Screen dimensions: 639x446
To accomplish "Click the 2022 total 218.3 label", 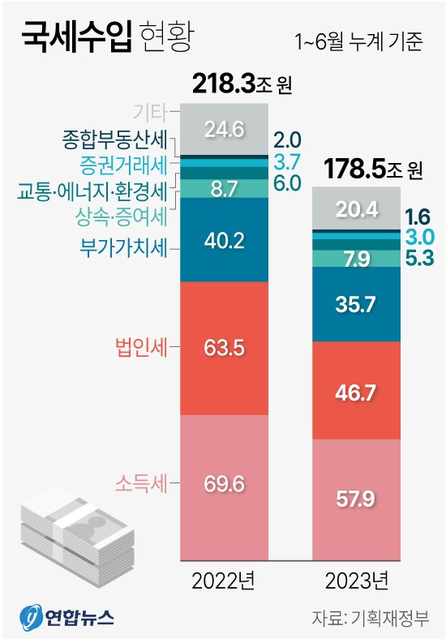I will coord(242,84).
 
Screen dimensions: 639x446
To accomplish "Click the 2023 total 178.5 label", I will coord(373,169).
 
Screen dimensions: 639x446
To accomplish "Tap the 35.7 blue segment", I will coord(357,303).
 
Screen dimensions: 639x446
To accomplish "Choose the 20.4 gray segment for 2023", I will coord(357,209).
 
